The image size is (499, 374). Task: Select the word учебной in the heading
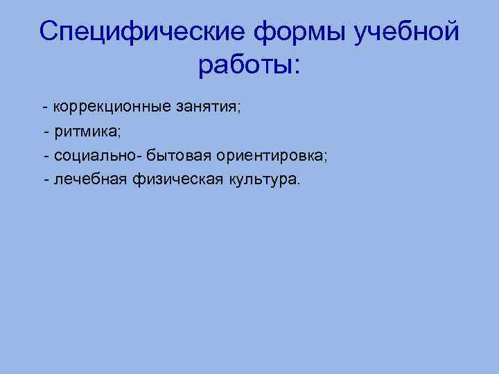(x=408, y=32)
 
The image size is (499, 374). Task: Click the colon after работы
(x=297, y=68)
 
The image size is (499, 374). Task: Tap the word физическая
(x=165, y=179)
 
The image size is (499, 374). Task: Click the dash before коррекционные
(x=45, y=109)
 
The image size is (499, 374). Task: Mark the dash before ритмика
(x=46, y=132)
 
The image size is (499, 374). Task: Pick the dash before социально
(x=46, y=156)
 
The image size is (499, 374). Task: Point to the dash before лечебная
(x=46, y=180)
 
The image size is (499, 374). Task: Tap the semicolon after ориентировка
(x=326, y=158)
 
